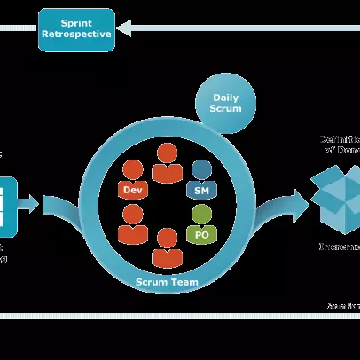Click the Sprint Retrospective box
pyautogui.click(x=76, y=28)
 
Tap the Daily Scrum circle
pyautogui.click(x=225, y=103)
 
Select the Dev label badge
pyautogui.click(x=133, y=190)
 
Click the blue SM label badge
pyautogui.click(x=202, y=190)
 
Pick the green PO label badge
pyautogui.click(x=201, y=235)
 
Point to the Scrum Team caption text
pyautogui.click(x=167, y=282)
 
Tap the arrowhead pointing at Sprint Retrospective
pyautogui.click(x=125, y=28)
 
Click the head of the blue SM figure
pyautogui.click(x=202, y=168)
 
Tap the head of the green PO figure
pyautogui.click(x=202, y=214)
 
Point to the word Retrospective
pyautogui.click(x=76, y=35)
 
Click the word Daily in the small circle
pyautogui.click(x=225, y=98)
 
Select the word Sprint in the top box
pyautogui.click(x=76, y=22)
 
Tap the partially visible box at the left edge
pyautogui.click(x=7, y=206)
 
